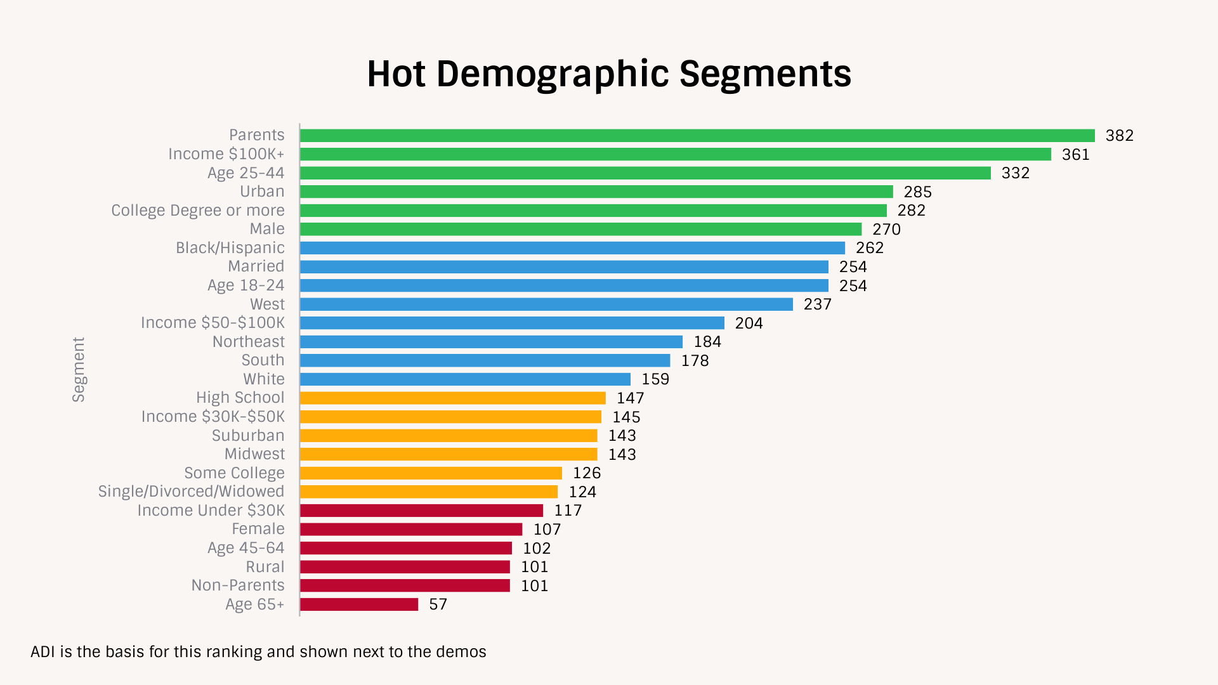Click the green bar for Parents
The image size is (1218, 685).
click(x=697, y=136)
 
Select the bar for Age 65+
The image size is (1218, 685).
click(x=359, y=604)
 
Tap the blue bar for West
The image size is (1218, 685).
click(x=546, y=304)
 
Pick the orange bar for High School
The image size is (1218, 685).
click(x=452, y=398)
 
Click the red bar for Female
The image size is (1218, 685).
click(x=411, y=530)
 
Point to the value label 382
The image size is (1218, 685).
click(x=1119, y=136)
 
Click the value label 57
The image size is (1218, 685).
click(x=438, y=604)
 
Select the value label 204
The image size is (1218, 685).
click(x=749, y=323)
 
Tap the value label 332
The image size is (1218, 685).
click(x=1015, y=173)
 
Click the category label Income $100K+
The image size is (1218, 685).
click(x=226, y=154)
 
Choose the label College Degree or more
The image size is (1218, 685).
click(x=197, y=211)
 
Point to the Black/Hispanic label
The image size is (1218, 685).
click(x=230, y=248)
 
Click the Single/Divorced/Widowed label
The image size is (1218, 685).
click(x=191, y=492)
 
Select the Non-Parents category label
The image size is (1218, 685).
click(x=238, y=585)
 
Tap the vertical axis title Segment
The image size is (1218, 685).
click(x=78, y=369)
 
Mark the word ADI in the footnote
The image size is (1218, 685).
click(x=43, y=652)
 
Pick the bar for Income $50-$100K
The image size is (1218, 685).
click(x=512, y=323)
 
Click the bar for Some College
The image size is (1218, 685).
click(x=431, y=473)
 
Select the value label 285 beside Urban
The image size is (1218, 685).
click(x=917, y=192)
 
